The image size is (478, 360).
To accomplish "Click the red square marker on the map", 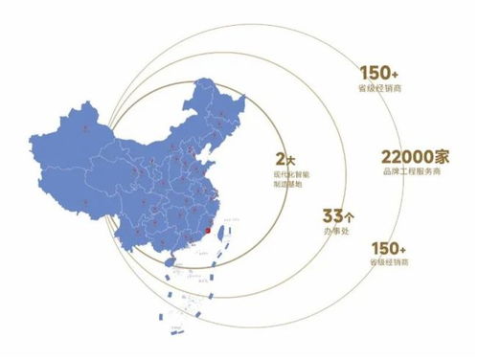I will click(x=210, y=230).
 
